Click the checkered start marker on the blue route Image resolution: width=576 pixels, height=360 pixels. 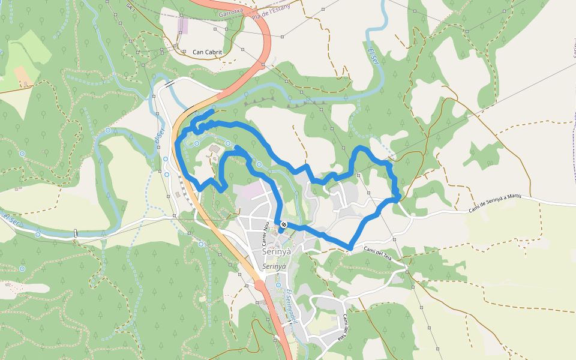(283, 224)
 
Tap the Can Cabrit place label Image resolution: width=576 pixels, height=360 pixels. (207, 52)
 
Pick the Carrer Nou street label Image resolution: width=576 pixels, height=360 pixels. (264, 235)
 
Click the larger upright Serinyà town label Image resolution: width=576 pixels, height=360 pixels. (277, 252)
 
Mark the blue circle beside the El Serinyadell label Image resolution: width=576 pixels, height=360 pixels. (278, 284)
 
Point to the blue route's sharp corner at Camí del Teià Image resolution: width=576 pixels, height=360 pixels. (350, 247)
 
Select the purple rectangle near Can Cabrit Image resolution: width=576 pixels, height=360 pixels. (183, 26)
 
